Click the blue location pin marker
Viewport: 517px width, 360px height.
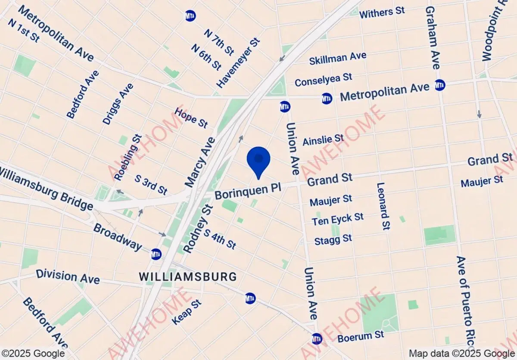click(258, 160)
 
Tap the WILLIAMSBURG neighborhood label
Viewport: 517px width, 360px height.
click(188, 276)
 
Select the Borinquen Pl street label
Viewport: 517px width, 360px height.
click(248, 190)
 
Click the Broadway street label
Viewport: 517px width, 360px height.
click(118, 236)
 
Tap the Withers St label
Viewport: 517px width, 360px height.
click(382, 13)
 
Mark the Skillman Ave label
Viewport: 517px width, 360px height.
click(338, 58)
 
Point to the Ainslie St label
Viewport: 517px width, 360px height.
click(323, 140)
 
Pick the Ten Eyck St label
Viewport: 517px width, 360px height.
click(338, 219)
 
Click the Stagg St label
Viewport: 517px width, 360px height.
click(333, 238)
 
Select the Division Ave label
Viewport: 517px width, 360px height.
click(68, 276)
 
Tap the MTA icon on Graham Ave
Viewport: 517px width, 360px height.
click(439, 85)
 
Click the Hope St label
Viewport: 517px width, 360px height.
click(191, 118)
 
